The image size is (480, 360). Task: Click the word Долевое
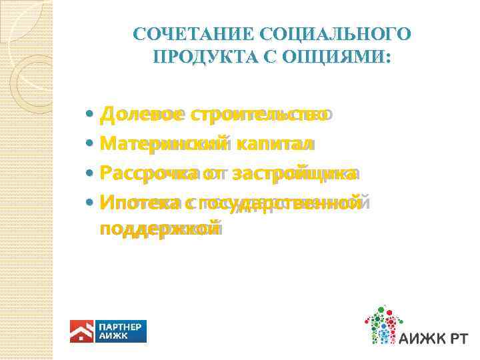point(141,115)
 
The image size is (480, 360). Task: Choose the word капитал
point(275,144)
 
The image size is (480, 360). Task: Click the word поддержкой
point(158,229)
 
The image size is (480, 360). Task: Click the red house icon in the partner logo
point(82,331)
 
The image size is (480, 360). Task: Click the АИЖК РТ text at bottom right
point(434,339)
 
